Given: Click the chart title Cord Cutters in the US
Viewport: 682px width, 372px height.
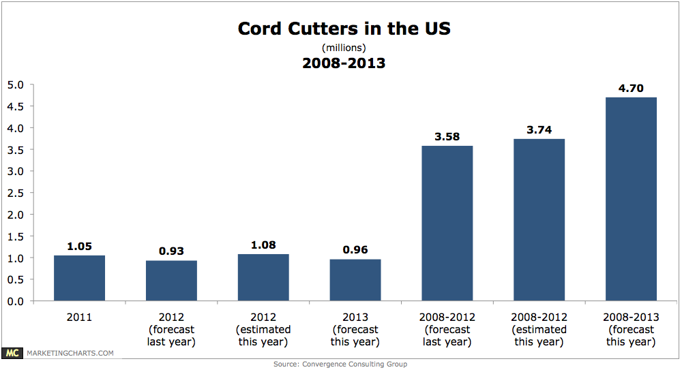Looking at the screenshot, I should point(344,29).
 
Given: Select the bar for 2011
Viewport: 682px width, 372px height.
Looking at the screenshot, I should point(79,278).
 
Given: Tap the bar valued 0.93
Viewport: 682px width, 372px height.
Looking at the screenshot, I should point(171,280).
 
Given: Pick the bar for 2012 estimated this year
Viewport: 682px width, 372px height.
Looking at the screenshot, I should point(263,277).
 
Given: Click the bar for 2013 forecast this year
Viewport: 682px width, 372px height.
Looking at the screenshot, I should point(355,279).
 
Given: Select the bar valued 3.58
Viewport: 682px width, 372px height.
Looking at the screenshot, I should point(447,223).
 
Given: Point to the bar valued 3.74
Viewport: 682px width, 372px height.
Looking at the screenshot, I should point(539,219).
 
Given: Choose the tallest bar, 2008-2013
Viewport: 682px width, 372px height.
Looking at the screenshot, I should point(631,199).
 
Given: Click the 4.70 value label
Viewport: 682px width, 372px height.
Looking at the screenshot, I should point(631,88).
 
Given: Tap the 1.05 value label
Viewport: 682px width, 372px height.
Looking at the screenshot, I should point(79,246).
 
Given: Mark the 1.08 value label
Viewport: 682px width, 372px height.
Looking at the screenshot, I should point(263,245).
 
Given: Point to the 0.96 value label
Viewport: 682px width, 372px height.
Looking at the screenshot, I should point(355,250).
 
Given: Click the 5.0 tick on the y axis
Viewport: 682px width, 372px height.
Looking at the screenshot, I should point(15,85).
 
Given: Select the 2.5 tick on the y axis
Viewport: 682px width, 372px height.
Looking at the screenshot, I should point(15,193).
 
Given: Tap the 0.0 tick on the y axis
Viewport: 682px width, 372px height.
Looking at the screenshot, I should point(15,301).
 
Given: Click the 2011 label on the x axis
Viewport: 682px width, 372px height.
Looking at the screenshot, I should point(79,317).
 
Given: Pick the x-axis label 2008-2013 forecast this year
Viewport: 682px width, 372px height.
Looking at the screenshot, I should point(631,329).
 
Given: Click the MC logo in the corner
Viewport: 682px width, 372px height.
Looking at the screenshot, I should point(12,353).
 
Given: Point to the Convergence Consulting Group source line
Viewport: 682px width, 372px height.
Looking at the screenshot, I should point(340,365).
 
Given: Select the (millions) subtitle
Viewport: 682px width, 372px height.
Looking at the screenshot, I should point(344,48).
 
